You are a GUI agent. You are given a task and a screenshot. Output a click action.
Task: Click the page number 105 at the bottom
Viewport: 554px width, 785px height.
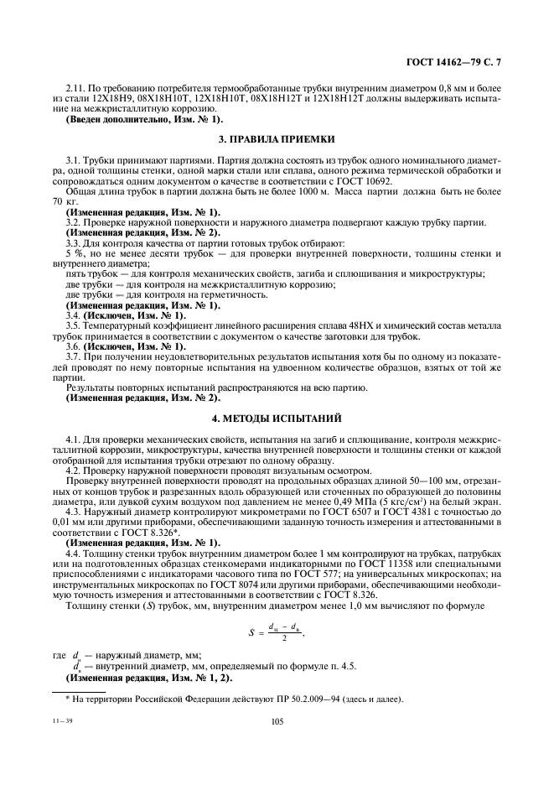point(277,720)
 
